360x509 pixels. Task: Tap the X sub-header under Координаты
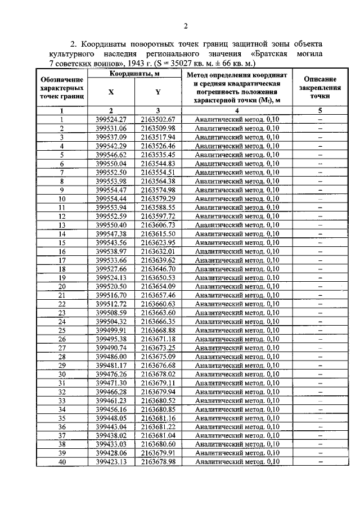click(x=110, y=92)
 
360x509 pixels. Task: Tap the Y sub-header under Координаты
click(x=158, y=92)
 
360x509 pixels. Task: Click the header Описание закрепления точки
click(x=319, y=88)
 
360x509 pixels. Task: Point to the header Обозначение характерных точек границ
click(x=62, y=88)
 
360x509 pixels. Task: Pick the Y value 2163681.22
click(x=159, y=427)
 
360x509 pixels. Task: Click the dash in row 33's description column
click(x=319, y=400)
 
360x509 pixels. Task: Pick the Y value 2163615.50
click(x=159, y=233)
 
